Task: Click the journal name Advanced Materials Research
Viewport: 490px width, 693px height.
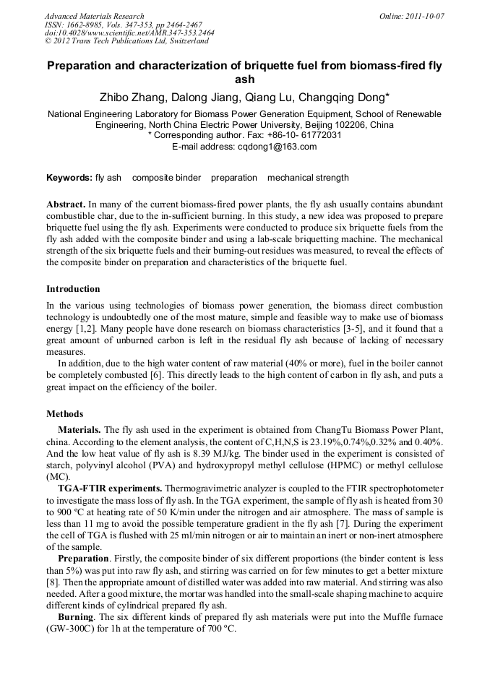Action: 94,16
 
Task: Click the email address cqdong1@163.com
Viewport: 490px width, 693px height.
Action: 277,147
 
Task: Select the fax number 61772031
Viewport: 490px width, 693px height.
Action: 318,136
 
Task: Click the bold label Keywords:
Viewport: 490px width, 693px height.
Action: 69,178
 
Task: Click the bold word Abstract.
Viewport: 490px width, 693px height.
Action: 66,205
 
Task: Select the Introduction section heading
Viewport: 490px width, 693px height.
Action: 73,288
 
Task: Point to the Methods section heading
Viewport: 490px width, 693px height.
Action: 64,414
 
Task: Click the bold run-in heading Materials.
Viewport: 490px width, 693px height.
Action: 79,430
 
